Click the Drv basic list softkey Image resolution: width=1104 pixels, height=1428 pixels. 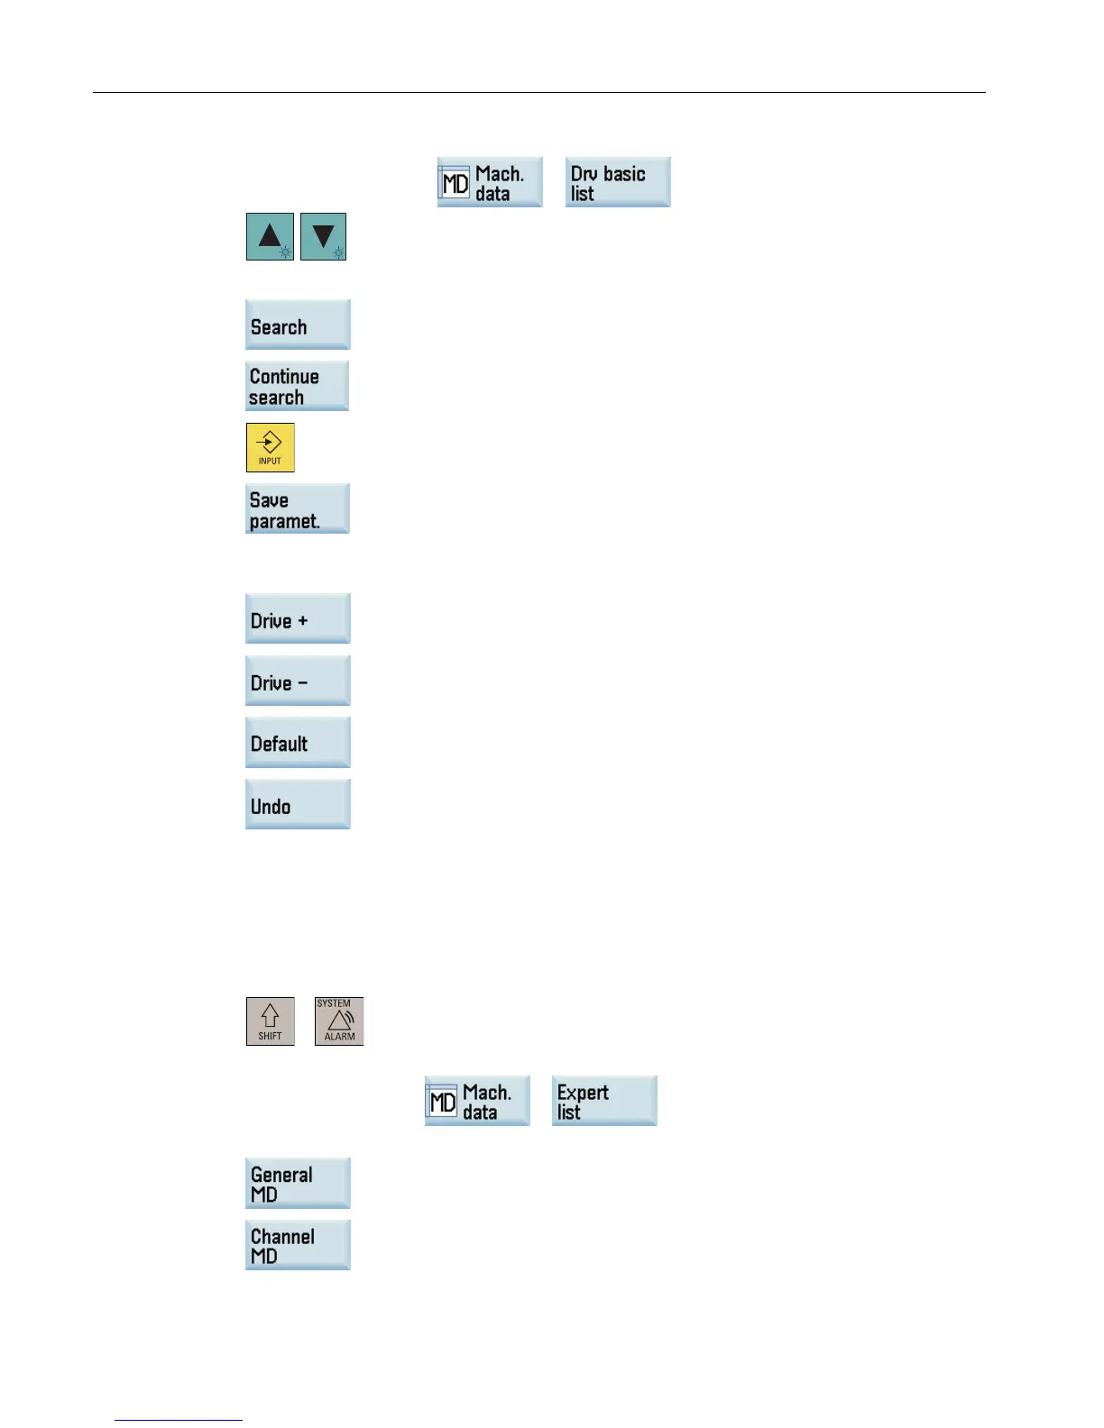(x=618, y=183)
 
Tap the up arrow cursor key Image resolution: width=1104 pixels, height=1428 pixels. (x=270, y=237)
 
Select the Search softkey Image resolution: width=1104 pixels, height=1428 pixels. (x=298, y=325)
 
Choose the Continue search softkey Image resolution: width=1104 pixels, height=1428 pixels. (x=298, y=387)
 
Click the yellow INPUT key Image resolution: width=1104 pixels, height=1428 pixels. (x=271, y=448)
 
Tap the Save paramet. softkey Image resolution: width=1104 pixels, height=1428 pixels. (x=298, y=509)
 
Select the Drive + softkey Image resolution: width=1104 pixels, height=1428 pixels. (x=298, y=619)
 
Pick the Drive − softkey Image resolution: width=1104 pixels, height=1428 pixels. (x=298, y=682)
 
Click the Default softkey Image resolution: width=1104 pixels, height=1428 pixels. (x=298, y=743)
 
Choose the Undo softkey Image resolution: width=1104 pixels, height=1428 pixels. (x=298, y=805)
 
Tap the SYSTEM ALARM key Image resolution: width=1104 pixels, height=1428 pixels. (x=339, y=1021)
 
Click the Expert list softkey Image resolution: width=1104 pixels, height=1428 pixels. (x=604, y=1101)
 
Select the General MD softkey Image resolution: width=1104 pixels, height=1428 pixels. (x=298, y=1184)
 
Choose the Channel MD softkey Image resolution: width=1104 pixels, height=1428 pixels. (x=298, y=1245)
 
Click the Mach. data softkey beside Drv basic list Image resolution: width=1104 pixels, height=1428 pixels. (x=490, y=183)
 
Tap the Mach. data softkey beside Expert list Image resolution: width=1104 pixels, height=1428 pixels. (x=477, y=1101)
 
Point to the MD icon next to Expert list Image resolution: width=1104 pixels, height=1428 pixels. (x=443, y=1103)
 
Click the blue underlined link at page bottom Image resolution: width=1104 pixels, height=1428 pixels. (x=179, y=1420)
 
